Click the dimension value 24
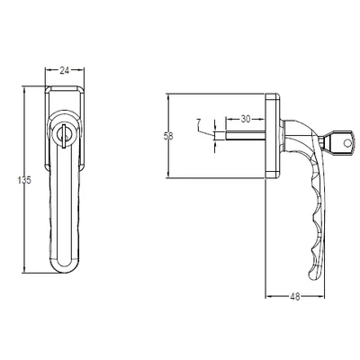65,70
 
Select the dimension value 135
24,180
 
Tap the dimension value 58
168,136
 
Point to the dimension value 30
246,119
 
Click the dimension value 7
198,122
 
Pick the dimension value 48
295,297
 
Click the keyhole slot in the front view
64,136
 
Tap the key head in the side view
341,142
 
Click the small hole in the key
347,142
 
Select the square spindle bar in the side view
245,135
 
